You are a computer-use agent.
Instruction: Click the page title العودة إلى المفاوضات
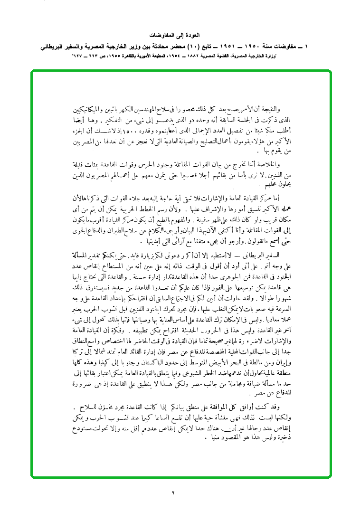coord(180,36)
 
